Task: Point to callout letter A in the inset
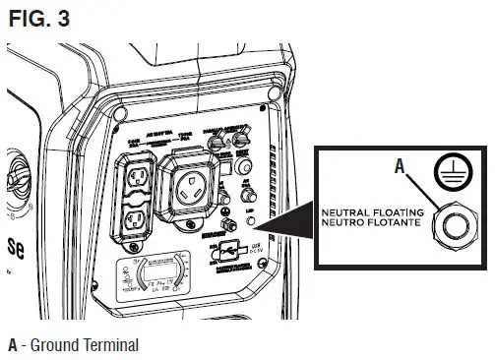tap(401, 167)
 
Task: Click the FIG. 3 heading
tap(35, 17)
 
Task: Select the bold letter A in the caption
tap(13, 345)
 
